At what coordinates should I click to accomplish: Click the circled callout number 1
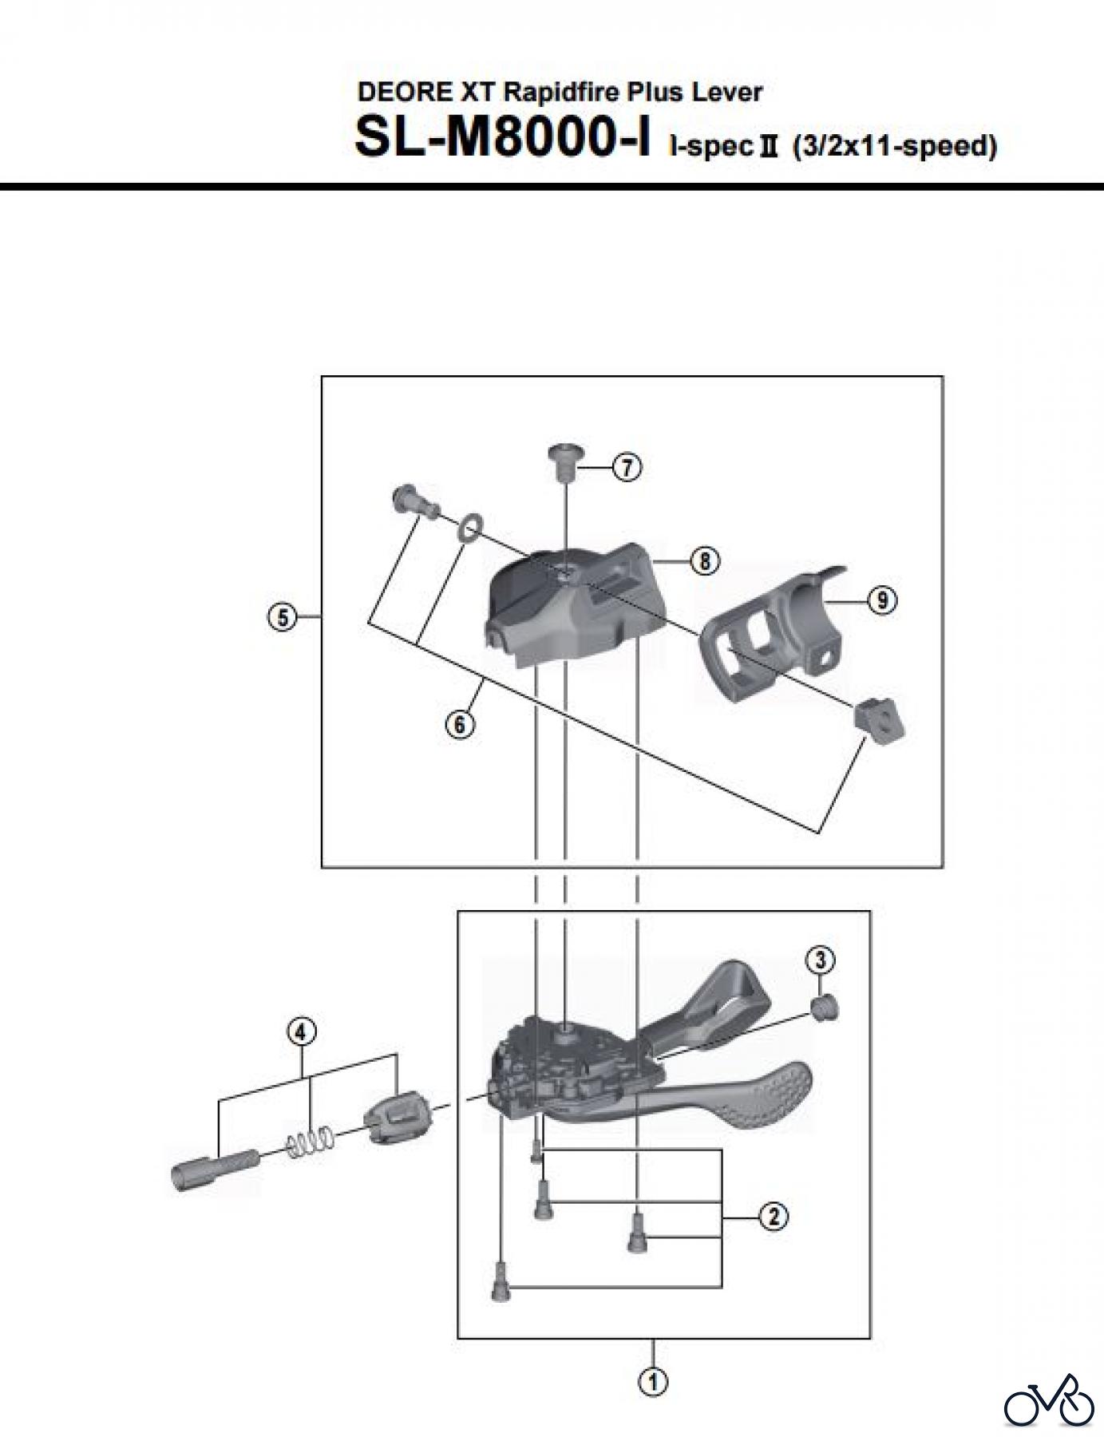[x=653, y=1381]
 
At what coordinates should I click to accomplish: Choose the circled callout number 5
[x=282, y=616]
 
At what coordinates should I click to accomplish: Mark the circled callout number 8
[x=704, y=561]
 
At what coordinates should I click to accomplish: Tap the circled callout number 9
[x=881, y=599]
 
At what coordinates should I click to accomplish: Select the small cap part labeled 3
[x=824, y=1008]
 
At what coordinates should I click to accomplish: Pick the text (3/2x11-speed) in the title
[x=894, y=147]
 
